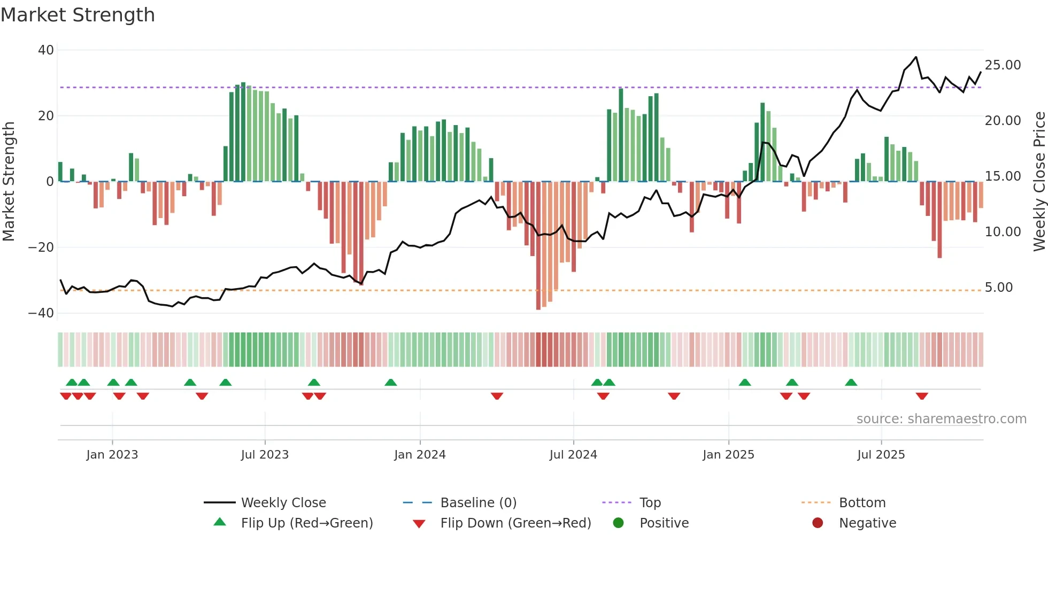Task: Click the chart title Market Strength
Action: coord(78,15)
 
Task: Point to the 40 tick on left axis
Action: coord(46,50)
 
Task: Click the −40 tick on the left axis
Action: coord(41,313)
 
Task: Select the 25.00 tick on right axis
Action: coord(1003,65)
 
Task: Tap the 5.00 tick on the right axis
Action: coord(998,288)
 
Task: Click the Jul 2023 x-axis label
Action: coord(265,455)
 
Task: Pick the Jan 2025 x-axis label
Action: coord(728,455)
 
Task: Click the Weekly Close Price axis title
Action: coord(1039,182)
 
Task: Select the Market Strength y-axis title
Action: coord(9,182)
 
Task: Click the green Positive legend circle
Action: coord(619,523)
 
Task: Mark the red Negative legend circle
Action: coord(818,523)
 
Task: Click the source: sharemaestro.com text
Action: coord(941,419)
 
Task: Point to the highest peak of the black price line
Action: coord(916,57)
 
